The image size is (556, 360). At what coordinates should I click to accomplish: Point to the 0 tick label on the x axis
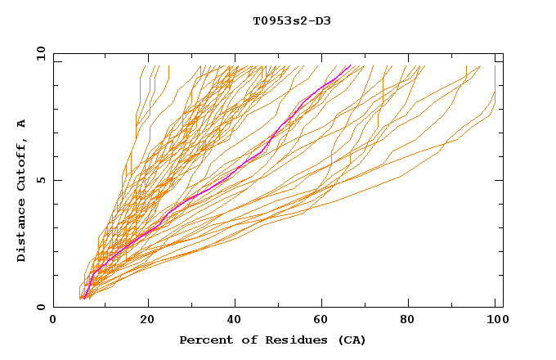(53, 320)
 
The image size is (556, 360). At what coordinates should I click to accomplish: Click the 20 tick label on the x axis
(147, 320)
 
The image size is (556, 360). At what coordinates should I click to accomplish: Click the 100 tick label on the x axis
(495, 320)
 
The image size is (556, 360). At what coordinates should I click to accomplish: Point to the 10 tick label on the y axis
(40, 53)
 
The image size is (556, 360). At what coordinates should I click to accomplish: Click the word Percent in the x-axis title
(202, 340)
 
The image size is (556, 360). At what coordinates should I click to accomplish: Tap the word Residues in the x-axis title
(279, 340)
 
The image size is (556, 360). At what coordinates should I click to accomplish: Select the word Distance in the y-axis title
(21, 231)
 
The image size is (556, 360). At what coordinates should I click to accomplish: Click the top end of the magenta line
(351, 65)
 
